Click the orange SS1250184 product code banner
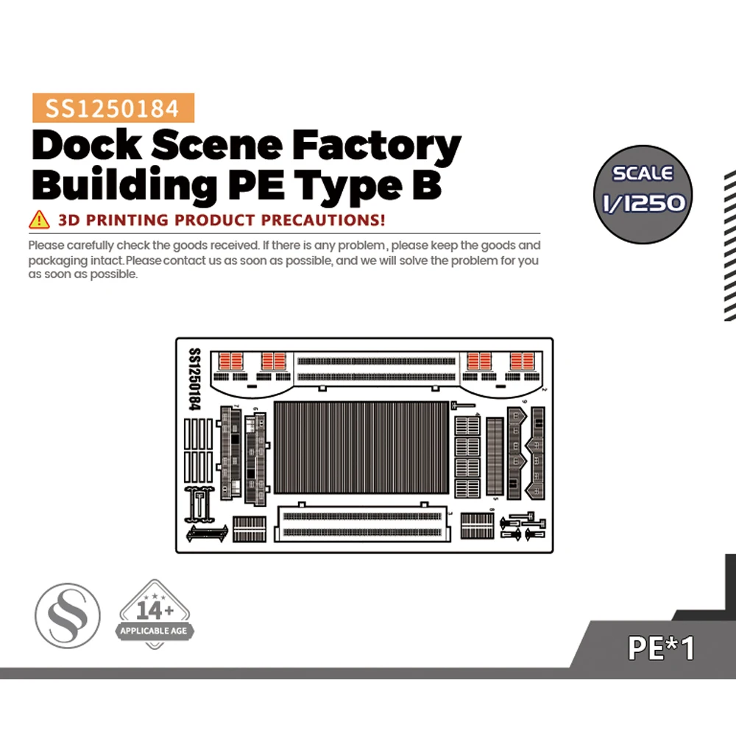point(113,109)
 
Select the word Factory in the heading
point(377,147)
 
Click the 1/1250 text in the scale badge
point(643,202)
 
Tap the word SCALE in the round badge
point(643,174)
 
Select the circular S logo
point(68,617)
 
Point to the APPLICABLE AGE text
point(155,631)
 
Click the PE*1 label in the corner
point(661,648)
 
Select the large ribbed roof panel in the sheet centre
point(360,447)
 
